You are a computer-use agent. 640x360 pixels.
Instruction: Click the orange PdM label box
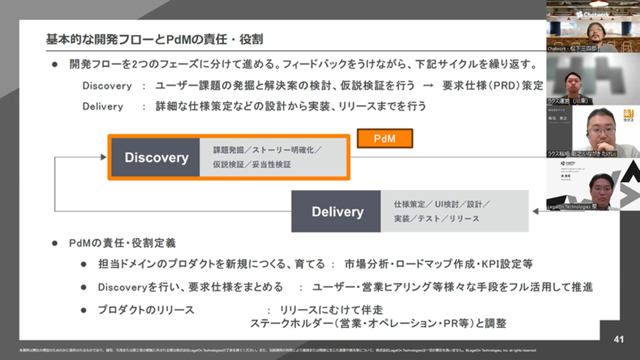385,139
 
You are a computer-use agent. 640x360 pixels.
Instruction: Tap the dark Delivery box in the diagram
336,212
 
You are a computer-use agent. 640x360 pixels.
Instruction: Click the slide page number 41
619,340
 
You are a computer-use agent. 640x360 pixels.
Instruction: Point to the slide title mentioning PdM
154,39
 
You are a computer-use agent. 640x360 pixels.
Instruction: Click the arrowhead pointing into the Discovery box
104,157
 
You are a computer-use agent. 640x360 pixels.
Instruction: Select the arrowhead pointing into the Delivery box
535,212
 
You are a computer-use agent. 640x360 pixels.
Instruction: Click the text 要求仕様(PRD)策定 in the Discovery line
492,86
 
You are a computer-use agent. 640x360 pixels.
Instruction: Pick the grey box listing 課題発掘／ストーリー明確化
273,157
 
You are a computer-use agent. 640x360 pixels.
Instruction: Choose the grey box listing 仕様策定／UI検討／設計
454,212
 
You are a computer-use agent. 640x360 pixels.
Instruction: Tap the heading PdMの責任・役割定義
122,243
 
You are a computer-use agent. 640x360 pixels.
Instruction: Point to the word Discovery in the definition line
107,86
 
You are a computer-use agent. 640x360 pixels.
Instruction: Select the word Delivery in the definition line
103,107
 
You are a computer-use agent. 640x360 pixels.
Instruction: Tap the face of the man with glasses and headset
602,129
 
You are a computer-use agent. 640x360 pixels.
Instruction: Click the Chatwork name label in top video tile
572,48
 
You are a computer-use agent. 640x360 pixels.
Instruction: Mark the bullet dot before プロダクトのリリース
84,310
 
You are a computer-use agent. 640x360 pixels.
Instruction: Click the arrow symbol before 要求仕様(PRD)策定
428,86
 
